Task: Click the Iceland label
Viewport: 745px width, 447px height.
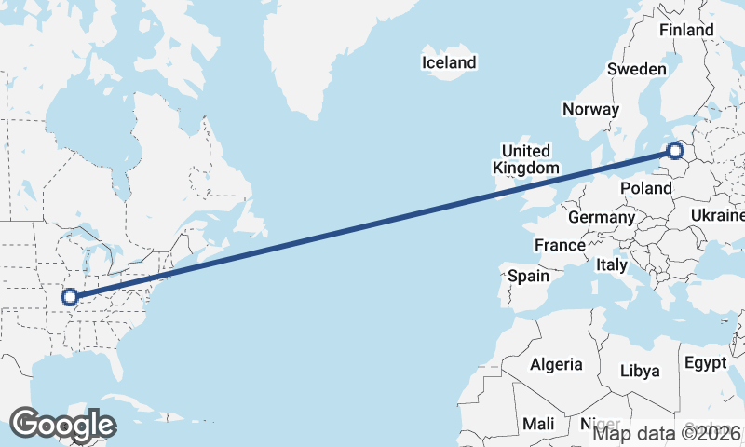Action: coord(449,63)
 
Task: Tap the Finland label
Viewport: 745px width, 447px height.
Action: coord(686,30)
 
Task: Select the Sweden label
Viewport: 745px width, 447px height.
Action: coord(637,69)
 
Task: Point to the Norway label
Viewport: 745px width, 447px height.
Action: coord(590,109)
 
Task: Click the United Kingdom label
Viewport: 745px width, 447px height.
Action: coord(526,159)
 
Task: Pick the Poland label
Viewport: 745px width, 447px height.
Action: coord(646,188)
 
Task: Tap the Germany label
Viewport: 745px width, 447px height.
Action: coord(601,217)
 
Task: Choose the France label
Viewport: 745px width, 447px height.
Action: coord(560,245)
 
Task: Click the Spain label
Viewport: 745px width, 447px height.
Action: coord(528,276)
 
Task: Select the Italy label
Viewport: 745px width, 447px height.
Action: coord(612,265)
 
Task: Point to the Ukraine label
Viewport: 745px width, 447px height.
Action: coord(717,216)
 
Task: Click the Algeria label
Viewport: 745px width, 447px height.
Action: coord(556,365)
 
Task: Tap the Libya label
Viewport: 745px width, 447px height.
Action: coord(641,371)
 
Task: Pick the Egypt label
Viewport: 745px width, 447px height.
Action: coord(705,361)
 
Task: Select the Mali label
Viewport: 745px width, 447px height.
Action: coord(538,424)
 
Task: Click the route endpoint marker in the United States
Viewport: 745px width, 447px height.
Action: coord(69,297)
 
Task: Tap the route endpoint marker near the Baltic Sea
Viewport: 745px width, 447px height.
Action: coord(676,150)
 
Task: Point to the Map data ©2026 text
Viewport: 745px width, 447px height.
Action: coord(667,432)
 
